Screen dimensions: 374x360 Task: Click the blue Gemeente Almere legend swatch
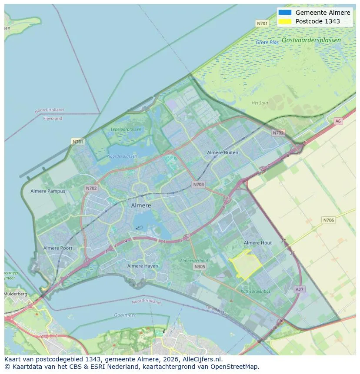[285, 13]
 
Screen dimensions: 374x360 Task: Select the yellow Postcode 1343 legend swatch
[285, 21]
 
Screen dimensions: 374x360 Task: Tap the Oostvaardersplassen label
[311, 40]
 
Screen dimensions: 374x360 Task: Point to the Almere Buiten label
[223, 152]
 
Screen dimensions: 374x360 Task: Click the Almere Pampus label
[48, 191]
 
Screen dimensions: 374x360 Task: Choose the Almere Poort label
[58, 248]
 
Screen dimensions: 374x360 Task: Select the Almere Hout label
[258, 243]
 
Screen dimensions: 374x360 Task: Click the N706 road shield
[328, 220]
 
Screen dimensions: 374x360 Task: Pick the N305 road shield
[200, 267]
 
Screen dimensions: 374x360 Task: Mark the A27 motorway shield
[299, 289]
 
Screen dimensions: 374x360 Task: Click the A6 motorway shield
[338, 121]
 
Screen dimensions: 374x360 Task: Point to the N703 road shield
[198, 185]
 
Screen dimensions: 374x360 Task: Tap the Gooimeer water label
[125, 315]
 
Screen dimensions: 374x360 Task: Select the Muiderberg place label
[16, 294]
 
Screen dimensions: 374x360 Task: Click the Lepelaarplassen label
[126, 129]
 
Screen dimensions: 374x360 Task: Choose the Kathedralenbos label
[256, 291]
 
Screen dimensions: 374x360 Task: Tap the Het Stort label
[260, 103]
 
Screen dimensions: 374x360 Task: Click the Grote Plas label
[267, 43]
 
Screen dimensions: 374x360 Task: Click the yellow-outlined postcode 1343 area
[246, 264]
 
